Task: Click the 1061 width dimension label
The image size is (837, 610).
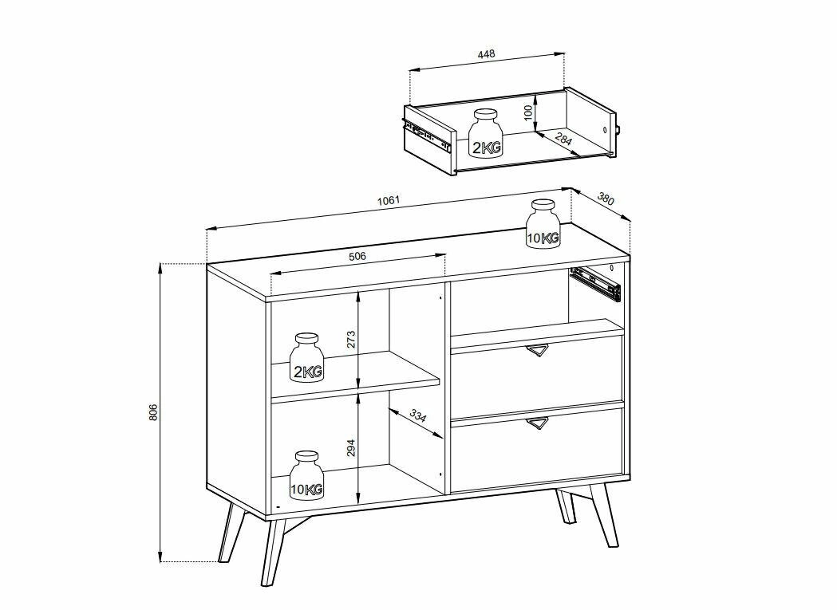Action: pyautogui.click(x=388, y=201)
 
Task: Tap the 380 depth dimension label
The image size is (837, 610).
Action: pyautogui.click(x=606, y=199)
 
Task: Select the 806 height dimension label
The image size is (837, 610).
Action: pyautogui.click(x=153, y=412)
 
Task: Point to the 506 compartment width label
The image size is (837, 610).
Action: pyautogui.click(x=357, y=256)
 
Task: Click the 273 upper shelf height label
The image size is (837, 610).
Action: pyautogui.click(x=351, y=340)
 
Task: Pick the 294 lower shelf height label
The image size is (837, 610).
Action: pyautogui.click(x=351, y=448)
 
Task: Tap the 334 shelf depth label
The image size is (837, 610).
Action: pyautogui.click(x=418, y=415)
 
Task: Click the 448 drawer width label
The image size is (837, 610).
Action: pyautogui.click(x=486, y=54)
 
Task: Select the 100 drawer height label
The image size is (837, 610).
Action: pyautogui.click(x=528, y=112)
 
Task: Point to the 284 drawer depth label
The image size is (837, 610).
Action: pyautogui.click(x=563, y=140)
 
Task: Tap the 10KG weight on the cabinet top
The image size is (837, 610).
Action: pyautogui.click(x=543, y=224)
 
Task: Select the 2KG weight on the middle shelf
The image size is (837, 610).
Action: pyautogui.click(x=307, y=357)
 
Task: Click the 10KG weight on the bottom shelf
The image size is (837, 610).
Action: pyautogui.click(x=307, y=475)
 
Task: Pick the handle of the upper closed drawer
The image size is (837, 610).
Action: pyautogui.click(x=536, y=350)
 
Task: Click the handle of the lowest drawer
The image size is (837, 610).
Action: pyautogui.click(x=536, y=423)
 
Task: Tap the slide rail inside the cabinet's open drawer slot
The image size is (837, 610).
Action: pyautogui.click(x=595, y=284)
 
